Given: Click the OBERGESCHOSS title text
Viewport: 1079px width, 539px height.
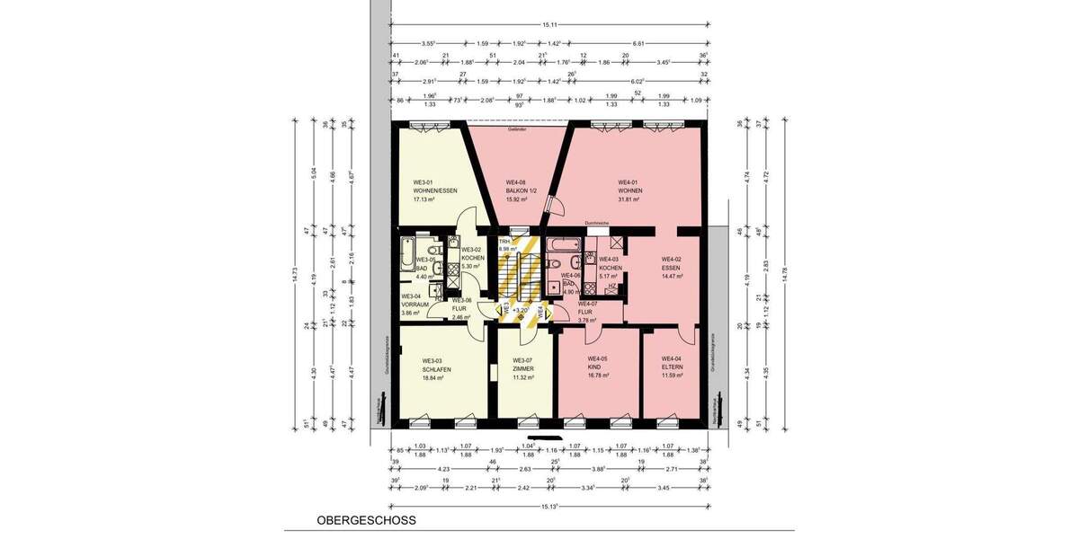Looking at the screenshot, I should pyautogui.click(x=366, y=520).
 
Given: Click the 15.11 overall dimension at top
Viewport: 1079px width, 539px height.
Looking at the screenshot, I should pyautogui.click(x=548, y=25).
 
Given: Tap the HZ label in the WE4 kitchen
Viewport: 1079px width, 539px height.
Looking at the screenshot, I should pyautogui.click(x=611, y=287).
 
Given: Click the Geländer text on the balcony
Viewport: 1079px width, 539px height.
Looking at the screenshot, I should pyautogui.click(x=516, y=130).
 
